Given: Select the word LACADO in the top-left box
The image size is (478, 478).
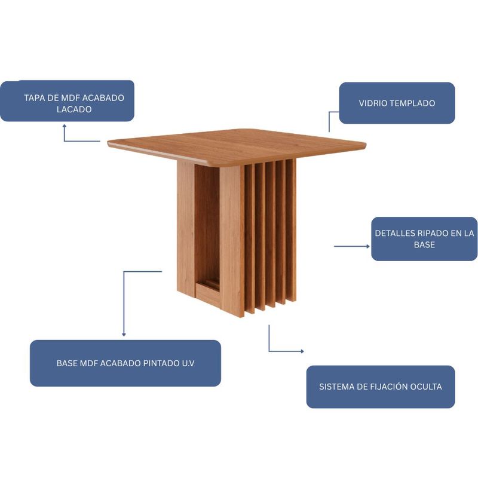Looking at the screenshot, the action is (x=74, y=109).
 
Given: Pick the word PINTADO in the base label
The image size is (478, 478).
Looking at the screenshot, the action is (x=160, y=363).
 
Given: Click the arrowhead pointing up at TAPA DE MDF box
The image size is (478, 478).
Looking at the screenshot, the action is (x=65, y=125).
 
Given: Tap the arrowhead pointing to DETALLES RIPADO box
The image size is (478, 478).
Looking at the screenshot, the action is (x=368, y=246).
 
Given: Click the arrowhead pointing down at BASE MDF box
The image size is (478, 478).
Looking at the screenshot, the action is (x=124, y=335).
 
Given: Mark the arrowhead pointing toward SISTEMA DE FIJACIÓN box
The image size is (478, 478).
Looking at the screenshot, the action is (x=302, y=351).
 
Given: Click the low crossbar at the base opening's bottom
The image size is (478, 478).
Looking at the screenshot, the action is (x=208, y=292).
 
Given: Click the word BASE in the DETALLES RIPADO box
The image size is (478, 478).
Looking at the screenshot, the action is (x=424, y=245).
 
